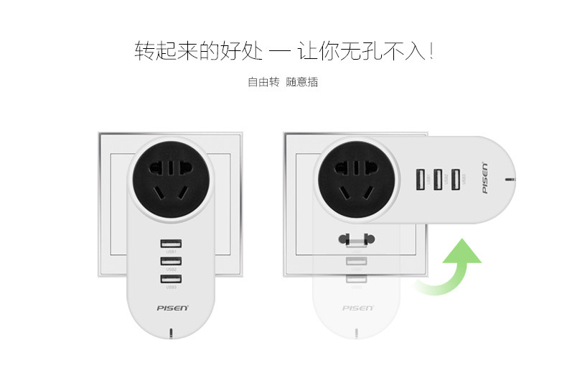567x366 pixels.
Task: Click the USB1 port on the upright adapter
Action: (171, 244)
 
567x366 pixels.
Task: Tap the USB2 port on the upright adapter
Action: (171, 261)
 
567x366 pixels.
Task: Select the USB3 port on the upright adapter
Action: (171, 279)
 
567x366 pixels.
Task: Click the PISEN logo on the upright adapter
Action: (172, 308)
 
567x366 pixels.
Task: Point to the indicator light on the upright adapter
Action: (171, 333)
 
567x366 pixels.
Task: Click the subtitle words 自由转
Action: (263, 82)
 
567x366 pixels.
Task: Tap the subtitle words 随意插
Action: (302, 82)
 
